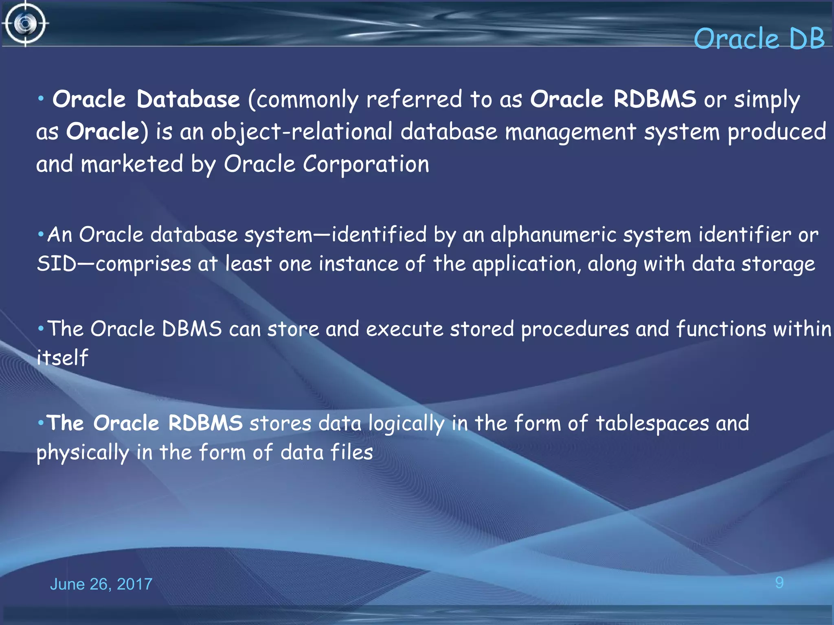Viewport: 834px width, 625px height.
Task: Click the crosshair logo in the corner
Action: [x=25, y=24]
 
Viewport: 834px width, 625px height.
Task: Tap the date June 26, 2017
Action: [x=101, y=584]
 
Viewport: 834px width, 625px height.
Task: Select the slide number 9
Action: [x=779, y=583]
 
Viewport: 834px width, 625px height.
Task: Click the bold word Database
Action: [x=188, y=99]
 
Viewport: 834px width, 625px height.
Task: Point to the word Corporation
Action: [x=366, y=164]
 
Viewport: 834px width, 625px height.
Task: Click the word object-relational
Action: [x=301, y=132]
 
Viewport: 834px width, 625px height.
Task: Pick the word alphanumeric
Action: [x=553, y=235]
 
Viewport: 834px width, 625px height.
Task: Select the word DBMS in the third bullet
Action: [x=192, y=329]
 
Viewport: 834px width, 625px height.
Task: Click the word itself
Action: [x=62, y=358]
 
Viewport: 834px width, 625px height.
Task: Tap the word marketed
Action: [x=132, y=164]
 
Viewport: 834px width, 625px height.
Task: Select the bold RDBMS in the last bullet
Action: [x=205, y=423]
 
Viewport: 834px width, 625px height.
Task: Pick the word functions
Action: [x=721, y=329]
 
